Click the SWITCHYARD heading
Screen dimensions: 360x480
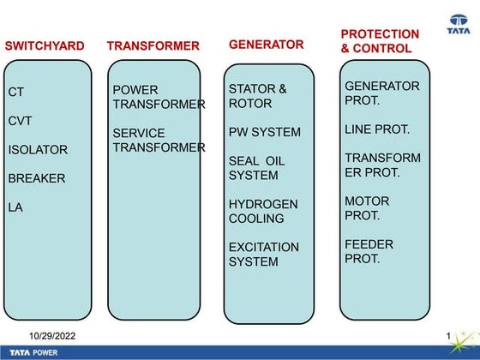pos(45,45)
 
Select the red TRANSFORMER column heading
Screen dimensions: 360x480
pos(153,45)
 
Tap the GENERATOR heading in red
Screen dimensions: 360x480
pos(266,44)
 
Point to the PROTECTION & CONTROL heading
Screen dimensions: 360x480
pos(380,41)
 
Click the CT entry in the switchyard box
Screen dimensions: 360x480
pos(16,92)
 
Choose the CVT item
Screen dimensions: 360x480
pos(20,121)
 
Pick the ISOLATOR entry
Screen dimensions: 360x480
pos(38,150)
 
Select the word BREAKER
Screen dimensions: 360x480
pos(37,179)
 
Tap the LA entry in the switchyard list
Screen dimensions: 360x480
pos(15,207)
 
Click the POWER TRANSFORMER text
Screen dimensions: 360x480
pos(159,97)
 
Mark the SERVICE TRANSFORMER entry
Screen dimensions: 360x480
pos(159,141)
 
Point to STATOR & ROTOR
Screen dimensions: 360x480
pos(257,96)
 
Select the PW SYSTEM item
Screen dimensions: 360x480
pos(264,132)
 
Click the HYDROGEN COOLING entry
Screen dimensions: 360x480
pos(262,212)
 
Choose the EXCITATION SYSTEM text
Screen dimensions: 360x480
pos(263,255)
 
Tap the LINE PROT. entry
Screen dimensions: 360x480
pos(377,129)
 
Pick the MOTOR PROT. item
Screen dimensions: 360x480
pos(367,208)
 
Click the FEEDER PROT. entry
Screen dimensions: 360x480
pos(369,251)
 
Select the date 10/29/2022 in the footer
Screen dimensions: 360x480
pos(52,335)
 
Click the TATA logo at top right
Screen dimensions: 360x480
pos(459,25)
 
